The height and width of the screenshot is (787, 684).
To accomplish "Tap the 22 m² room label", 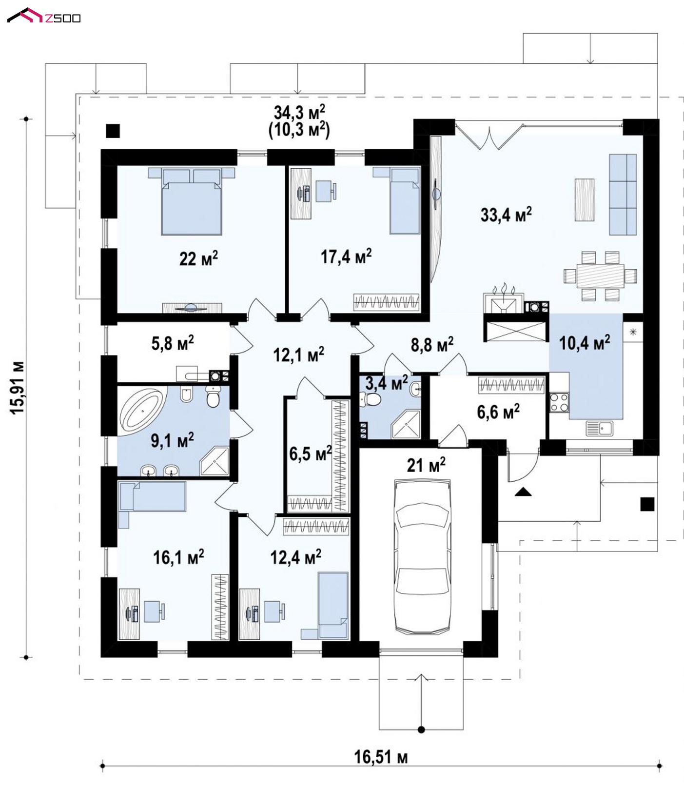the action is click(198, 258).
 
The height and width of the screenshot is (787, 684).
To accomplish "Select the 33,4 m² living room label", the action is click(506, 214).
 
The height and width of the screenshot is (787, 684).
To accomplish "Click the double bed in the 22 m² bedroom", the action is click(192, 201).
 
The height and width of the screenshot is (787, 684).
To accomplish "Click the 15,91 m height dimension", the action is click(18, 388).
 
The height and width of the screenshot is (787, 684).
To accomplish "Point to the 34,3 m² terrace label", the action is click(299, 113).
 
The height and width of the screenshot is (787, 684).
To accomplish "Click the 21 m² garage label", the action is click(426, 465).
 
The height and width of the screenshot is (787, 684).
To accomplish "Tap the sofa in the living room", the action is click(623, 195).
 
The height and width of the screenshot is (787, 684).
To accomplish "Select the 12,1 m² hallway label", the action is click(299, 354).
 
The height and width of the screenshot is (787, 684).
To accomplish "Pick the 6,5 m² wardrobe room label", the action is click(310, 453).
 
